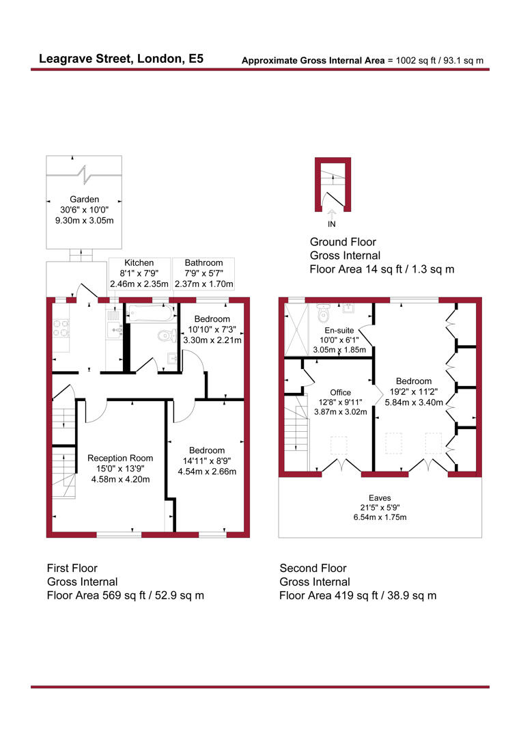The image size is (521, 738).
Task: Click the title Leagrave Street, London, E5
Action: pyautogui.click(x=121, y=59)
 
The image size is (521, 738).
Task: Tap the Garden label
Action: pyautogui.click(x=84, y=199)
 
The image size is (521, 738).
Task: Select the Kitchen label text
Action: pyautogui.click(x=139, y=262)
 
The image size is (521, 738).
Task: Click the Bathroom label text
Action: pyautogui.click(x=203, y=262)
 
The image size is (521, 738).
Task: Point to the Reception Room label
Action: pyautogui.click(x=120, y=458)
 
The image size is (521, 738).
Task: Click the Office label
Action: pyautogui.click(x=340, y=392)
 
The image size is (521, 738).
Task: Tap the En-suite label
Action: pyautogui.click(x=337, y=329)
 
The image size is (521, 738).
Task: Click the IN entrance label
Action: pyautogui.click(x=332, y=224)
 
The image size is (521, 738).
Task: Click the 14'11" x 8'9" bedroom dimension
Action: pyautogui.click(x=207, y=461)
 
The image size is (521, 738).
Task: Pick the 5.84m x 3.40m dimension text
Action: pyautogui.click(x=414, y=402)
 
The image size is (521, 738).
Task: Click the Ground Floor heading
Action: pyautogui.click(x=343, y=242)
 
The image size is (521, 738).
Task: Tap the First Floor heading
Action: pyautogui.click(x=72, y=568)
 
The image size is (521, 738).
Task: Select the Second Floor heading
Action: pyautogui.click(x=313, y=568)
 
